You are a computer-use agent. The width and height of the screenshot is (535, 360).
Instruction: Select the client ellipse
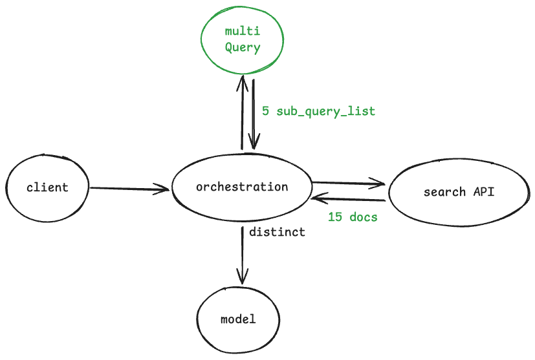(x=47, y=188)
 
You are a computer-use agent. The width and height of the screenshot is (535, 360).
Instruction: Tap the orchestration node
(x=241, y=187)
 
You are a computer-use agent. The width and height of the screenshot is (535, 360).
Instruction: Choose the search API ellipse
(x=459, y=192)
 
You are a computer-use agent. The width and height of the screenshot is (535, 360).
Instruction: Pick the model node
(x=238, y=319)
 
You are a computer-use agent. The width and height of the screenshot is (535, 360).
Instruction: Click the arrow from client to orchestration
(x=129, y=189)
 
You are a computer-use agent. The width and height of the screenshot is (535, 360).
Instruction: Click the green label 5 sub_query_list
(x=318, y=111)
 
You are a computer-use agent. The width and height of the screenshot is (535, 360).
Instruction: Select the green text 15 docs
(x=353, y=217)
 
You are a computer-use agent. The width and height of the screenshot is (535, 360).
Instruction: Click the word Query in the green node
(x=243, y=47)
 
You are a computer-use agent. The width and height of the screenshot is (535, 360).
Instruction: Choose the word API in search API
(x=484, y=192)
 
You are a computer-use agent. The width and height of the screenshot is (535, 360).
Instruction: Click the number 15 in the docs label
(x=335, y=217)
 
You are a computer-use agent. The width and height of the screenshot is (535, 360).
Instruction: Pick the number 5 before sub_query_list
(x=265, y=111)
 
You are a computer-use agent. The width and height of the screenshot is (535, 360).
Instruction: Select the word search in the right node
(x=444, y=192)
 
